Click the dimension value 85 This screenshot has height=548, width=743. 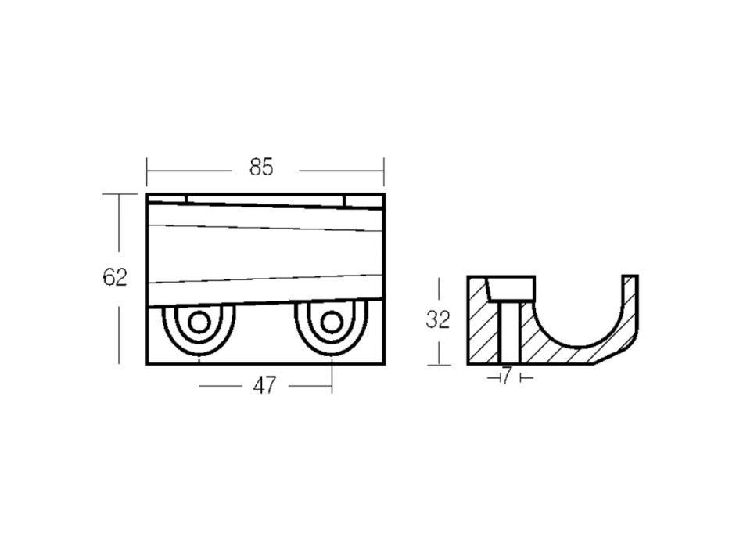[261, 168]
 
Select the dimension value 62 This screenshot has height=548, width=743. [115, 277]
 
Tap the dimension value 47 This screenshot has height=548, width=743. [264, 386]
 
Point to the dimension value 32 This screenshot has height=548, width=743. [438, 319]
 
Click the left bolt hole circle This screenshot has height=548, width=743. [199, 323]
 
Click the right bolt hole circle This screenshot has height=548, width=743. [332, 323]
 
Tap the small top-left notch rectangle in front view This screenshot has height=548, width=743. [167, 200]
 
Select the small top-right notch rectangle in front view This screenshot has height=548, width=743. [364, 201]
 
